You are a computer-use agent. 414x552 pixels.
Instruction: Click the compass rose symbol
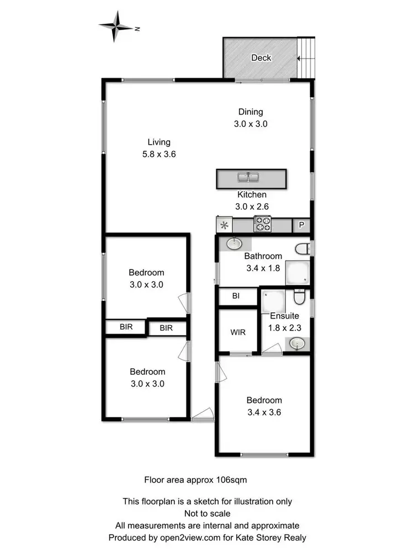(x=116, y=26)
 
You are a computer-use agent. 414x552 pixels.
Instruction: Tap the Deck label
(x=261, y=57)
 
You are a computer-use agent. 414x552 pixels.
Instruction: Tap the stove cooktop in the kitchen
(x=262, y=225)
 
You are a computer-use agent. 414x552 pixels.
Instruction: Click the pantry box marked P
(x=301, y=225)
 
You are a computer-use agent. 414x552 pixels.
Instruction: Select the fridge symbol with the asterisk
(x=224, y=225)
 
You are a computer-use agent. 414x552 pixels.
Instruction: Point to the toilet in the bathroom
(x=302, y=250)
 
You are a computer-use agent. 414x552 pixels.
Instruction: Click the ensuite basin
(x=297, y=344)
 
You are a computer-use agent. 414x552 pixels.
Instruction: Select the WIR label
(x=238, y=333)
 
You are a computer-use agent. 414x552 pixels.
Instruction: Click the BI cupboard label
(x=236, y=296)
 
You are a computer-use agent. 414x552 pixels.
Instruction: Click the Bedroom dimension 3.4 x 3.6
(x=264, y=412)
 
